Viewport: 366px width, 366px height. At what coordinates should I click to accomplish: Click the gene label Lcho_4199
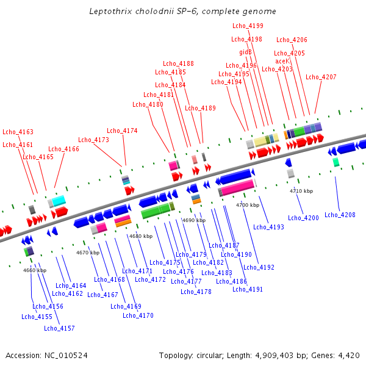tap(248, 26)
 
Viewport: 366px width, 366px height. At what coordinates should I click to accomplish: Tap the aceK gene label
tap(282, 62)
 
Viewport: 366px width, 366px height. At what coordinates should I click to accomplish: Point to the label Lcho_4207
tap(321, 77)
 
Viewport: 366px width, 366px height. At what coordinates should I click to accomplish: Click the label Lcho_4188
tap(178, 64)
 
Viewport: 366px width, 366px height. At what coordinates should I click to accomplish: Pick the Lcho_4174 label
tap(122, 131)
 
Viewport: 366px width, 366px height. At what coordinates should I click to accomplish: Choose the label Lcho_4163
tap(18, 132)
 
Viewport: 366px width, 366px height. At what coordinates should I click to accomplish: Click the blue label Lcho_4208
tap(340, 215)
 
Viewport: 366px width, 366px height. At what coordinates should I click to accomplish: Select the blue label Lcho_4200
tap(303, 218)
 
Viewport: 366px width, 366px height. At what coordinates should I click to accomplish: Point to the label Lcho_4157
tap(59, 328)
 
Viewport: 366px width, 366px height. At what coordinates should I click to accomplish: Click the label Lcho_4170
tap(138, 315)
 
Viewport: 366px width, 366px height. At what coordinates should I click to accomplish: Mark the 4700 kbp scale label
tap(247, 205)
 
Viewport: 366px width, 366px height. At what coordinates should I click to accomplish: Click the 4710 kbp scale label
tap(301, 191)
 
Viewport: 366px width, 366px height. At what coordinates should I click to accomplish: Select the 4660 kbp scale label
tap(35, 270)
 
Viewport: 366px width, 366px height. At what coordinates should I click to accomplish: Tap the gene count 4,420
tap(348, 355)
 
